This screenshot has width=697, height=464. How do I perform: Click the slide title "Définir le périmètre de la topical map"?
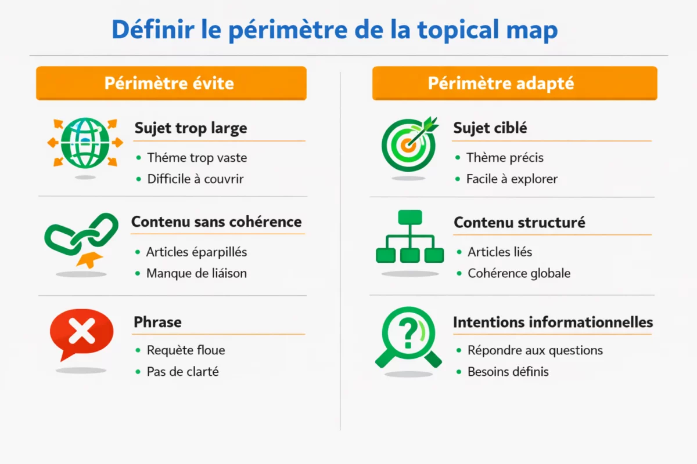pos(335,30)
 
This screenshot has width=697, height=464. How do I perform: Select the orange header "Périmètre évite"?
pos(170,83)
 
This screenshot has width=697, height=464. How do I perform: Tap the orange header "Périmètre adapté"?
pos(501,83)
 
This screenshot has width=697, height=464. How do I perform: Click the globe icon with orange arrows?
pos(85,143)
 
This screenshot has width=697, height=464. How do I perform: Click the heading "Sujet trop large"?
pos(191,128)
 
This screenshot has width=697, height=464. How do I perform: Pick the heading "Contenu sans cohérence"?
pos(216,222)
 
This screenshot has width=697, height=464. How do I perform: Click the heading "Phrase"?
pos(157,322)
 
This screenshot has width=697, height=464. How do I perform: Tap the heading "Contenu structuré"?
pos(519,222)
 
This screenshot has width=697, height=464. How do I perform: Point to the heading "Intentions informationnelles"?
pos(553,322)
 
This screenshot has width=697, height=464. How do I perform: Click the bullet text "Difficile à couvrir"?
pos(195,179)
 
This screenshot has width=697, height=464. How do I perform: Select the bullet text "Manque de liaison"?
pos(196,273)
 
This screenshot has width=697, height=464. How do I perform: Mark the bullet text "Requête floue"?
pos(186,350)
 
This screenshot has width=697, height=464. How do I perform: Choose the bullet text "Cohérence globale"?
pos(519,273)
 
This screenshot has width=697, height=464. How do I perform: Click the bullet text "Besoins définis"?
pos(508,372)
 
